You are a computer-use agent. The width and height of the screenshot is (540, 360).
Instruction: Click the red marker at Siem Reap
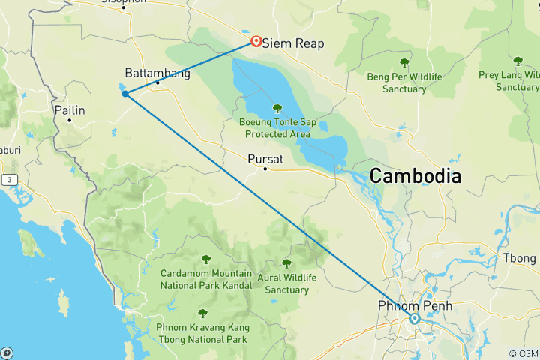[256, 41]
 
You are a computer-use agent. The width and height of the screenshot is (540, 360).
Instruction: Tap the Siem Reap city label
[293, 43]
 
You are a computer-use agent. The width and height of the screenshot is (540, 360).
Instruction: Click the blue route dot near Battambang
[125, 94]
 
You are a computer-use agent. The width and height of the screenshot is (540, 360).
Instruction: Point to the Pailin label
[70, 110]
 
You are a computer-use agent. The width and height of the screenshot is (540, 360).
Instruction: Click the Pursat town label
[265, 158]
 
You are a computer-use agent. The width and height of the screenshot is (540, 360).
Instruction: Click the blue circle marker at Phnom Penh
[414, 319]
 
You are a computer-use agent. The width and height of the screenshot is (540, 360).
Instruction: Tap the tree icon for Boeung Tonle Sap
[277, 108]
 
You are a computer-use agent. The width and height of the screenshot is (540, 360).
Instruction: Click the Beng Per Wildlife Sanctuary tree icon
[405, 63]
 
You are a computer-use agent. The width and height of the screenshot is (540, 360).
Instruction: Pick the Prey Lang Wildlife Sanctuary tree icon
[517, 61]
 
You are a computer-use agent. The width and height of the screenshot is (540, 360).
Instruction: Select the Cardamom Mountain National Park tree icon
[206, 259]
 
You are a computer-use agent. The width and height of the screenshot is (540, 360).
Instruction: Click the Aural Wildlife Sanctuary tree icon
[286, 263]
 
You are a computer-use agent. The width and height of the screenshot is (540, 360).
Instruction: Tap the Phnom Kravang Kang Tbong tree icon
[202, 313]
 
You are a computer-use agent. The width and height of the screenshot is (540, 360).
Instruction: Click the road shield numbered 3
[10, 180]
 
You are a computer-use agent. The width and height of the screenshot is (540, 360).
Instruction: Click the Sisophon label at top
[124, 3]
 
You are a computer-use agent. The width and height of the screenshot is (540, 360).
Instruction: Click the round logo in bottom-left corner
[7, 352]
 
